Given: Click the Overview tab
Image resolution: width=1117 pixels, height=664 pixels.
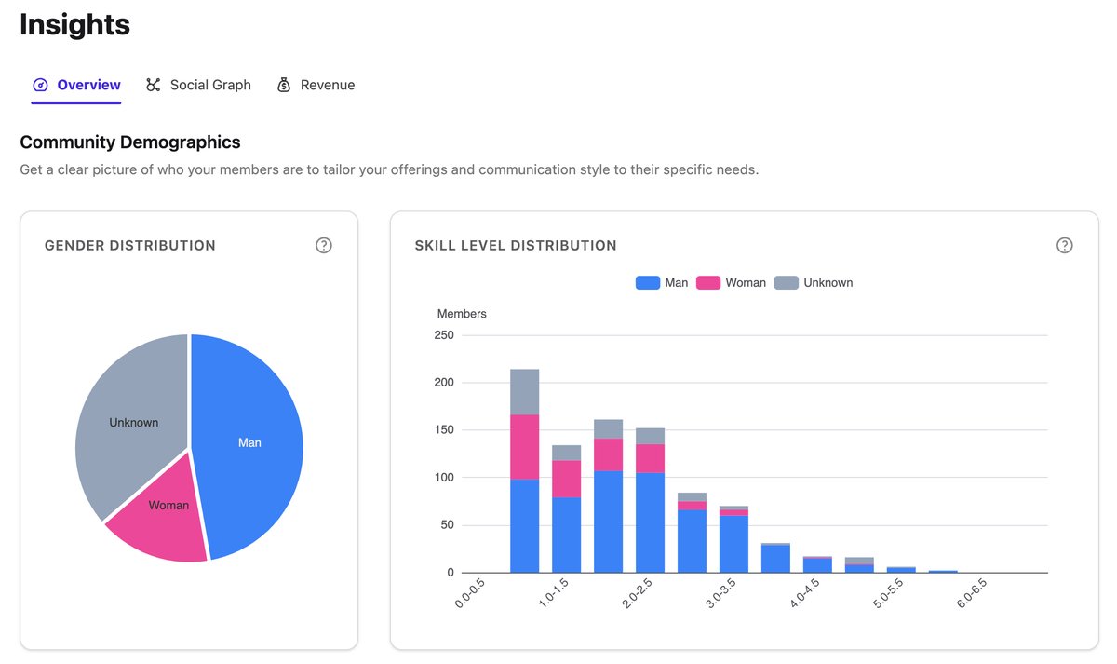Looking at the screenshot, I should (x=77, y=85).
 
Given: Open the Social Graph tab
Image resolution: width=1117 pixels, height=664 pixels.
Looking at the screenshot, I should (x=199, y=85).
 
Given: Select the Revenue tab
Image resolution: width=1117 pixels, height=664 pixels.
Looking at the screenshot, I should (x=316, y=85).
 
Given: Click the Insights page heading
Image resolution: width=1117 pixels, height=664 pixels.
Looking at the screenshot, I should (x=74, y=25).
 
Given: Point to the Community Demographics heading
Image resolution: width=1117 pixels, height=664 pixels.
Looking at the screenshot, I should (x=130, y=142).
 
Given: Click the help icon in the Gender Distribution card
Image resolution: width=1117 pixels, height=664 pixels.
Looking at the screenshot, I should (x=324, y=245).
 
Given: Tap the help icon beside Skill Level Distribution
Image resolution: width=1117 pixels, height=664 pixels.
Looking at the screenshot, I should (x=1065, y=245).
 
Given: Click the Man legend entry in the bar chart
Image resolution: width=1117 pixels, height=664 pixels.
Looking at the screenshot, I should (x=662, y=282).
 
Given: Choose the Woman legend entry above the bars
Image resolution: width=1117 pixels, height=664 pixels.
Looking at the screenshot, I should (x=732, y=282).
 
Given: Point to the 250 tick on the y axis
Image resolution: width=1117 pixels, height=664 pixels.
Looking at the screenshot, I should (x=444, y=335).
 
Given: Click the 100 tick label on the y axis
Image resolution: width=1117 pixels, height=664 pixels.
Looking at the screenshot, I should (x=444, y=478).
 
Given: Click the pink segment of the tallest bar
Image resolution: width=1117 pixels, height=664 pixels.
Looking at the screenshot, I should (x=525, y=447).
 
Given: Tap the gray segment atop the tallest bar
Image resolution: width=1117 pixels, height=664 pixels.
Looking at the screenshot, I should (x=525, y=391).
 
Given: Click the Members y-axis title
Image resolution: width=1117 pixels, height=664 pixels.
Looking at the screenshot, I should (x=462, y=314).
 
